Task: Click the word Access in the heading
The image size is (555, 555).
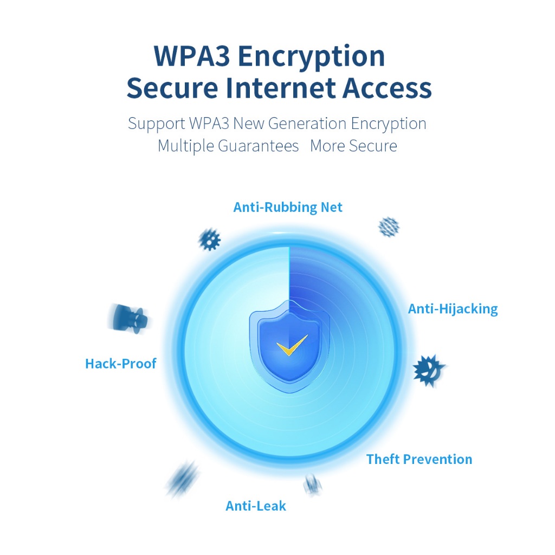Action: coord(387,88)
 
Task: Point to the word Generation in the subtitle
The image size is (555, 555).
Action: coord(307,124)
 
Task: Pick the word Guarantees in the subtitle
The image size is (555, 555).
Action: coord(258,146)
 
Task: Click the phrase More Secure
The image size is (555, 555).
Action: coord(353,146)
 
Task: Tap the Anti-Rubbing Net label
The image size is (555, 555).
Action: coord(288,207)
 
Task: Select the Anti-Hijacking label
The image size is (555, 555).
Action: coord(453,309)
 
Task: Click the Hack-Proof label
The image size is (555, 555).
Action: coord(121,364)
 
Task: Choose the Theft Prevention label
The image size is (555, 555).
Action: coord(419,459)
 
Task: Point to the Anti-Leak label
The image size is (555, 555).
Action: coord(256,506)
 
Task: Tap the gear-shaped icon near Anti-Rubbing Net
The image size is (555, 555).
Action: coord(209,240)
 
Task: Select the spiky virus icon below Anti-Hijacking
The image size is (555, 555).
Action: coord(428,370)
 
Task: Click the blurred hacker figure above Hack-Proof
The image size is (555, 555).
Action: coord(130,319)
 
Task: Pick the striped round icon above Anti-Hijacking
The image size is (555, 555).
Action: coord(389,227)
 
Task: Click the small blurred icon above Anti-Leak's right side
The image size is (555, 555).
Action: coord(313,484)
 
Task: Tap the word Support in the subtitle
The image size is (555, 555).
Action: coord(157,124)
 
